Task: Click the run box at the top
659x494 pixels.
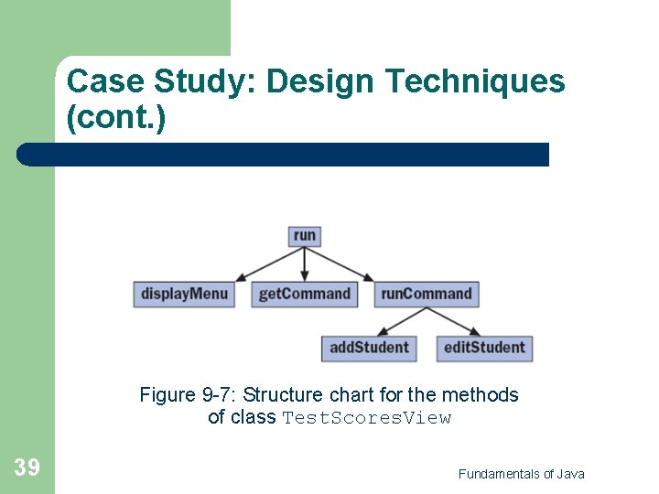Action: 305,236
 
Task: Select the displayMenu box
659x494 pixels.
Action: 183,295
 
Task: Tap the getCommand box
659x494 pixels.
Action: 304,295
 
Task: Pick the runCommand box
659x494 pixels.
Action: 427,295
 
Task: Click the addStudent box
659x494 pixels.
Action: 369,348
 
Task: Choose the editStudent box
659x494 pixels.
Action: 484,348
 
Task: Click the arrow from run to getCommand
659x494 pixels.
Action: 305,263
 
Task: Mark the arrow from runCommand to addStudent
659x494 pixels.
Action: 399,320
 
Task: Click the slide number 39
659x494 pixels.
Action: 27,468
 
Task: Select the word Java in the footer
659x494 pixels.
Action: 569,474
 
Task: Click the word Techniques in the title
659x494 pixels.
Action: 475,82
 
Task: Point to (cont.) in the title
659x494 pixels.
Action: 116,118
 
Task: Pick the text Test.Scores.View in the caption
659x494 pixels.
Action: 366,418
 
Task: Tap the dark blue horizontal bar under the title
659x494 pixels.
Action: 284,155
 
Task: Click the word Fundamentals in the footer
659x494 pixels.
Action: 499,474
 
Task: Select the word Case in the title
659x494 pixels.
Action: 102,82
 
